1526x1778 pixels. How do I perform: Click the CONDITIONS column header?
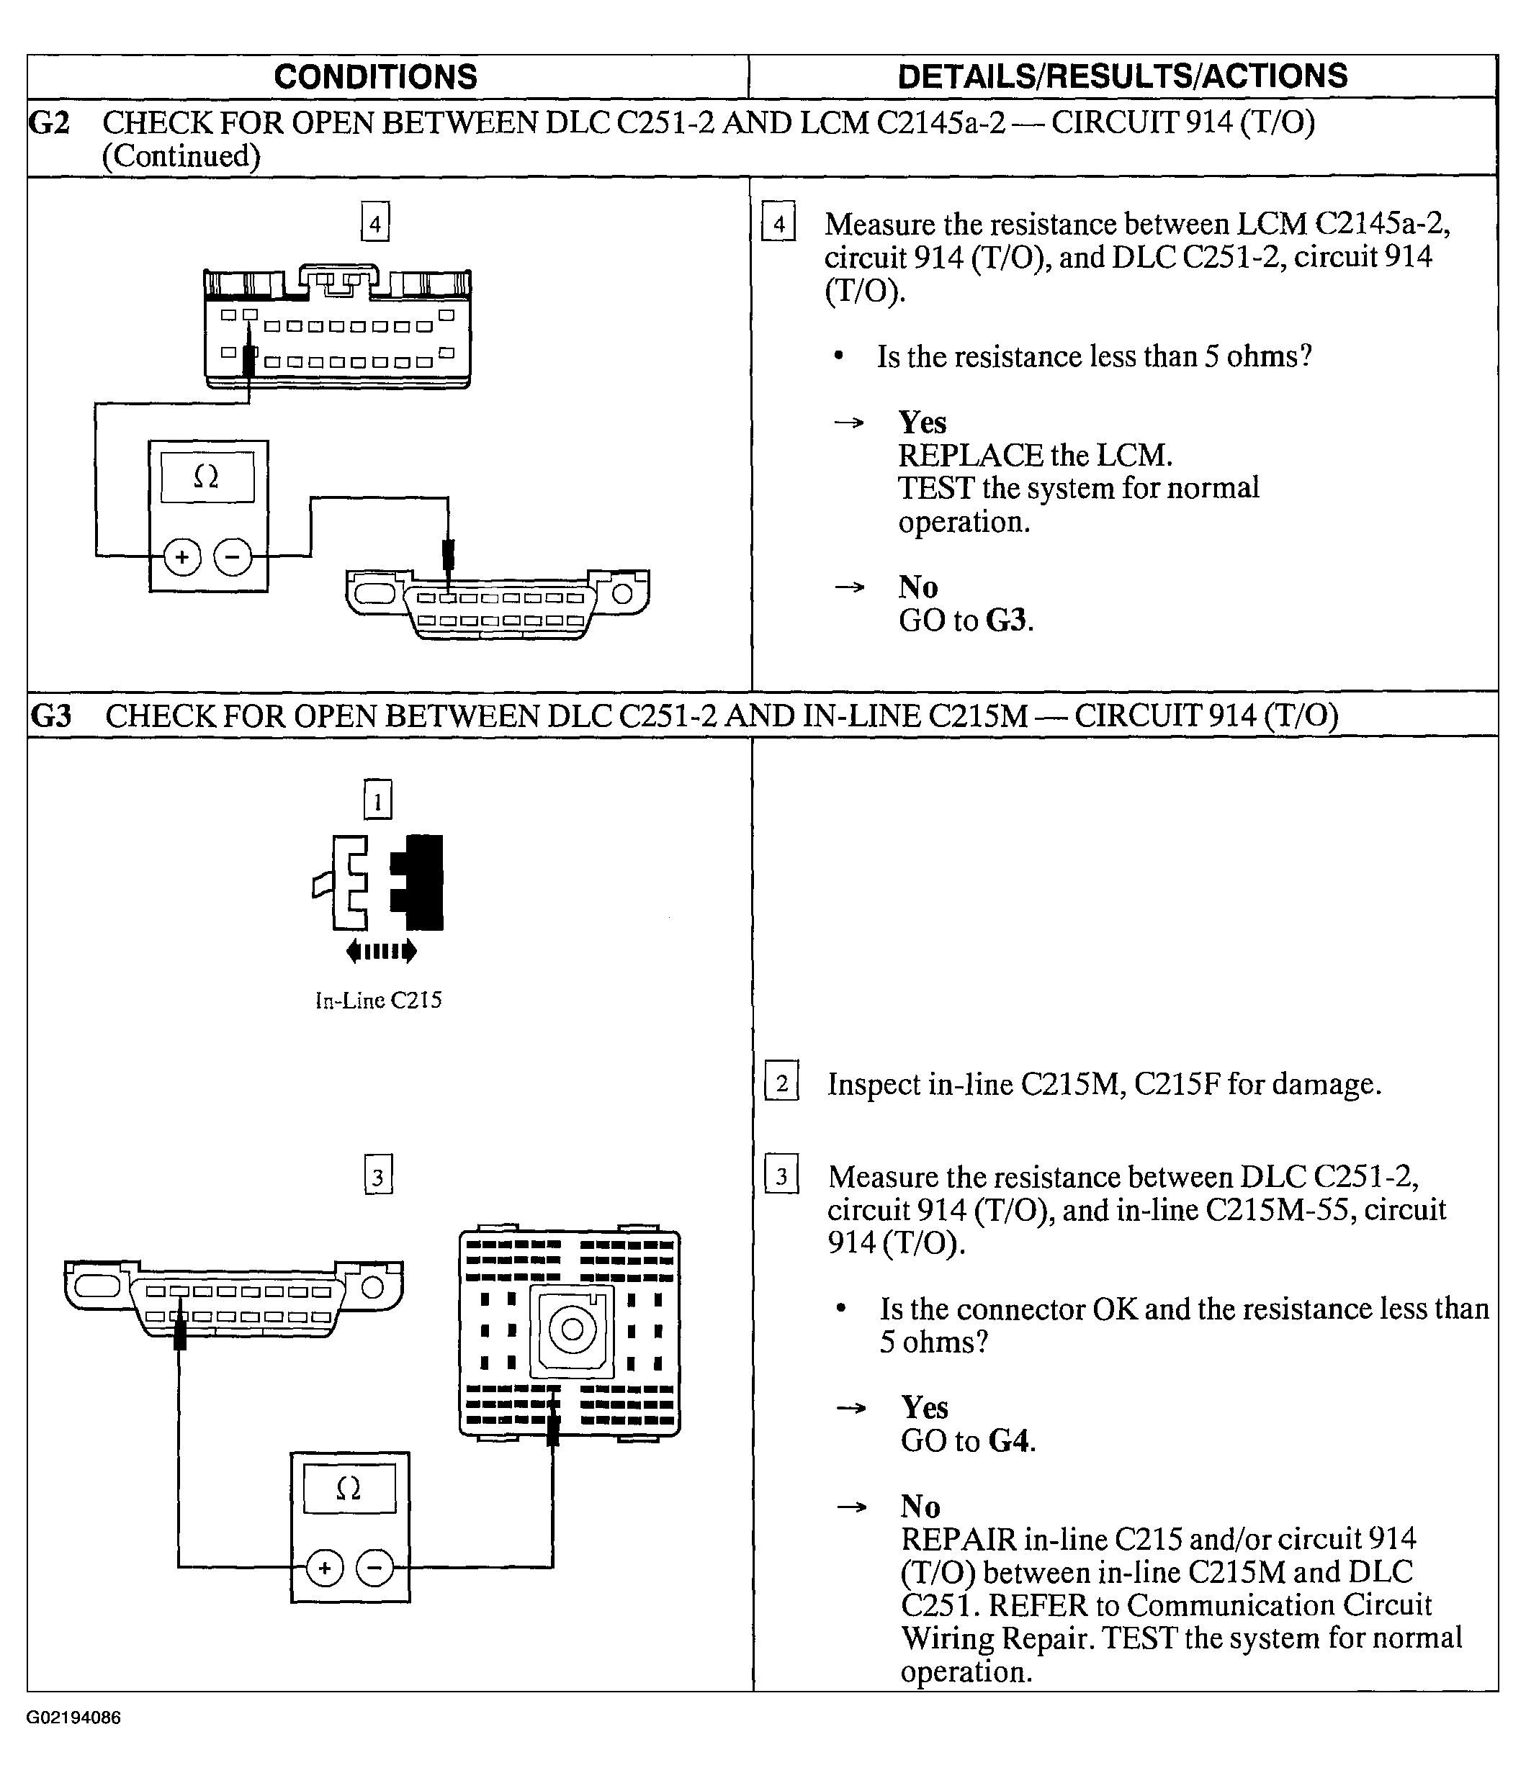pyautogui.click(x=375, y=76)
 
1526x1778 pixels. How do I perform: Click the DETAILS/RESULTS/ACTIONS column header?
pyautogui.click(x=1122, y=76)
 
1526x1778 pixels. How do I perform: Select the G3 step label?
pyautogui.click(x=50, y=716)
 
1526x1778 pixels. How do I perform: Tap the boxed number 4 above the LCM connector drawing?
pyautogui.click(x=375, y=222)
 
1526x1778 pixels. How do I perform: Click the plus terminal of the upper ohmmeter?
pyautogui.click(x=182, y=557)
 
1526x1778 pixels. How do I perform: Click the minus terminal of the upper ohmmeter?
pyautogui.click(x=233, y=557)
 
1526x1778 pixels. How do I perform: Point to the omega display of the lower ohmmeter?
pyautogui.click(x=349, y=1489)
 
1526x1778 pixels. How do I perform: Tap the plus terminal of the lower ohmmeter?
pyautogui.click(x=324, y=1569)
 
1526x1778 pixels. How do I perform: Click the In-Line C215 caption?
pyautogui.click(x=379, y=1000)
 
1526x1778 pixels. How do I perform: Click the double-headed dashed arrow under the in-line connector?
pyautogui.click(x=381, y=951)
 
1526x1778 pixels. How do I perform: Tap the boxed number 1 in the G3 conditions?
pyautogui.click(x=377, y=800)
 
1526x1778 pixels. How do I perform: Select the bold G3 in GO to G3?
pyautogui.click(x=1006, y=620)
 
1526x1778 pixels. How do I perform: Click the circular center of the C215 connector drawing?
pyautogui.click(x=572, y=1330)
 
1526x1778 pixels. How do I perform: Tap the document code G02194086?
pyautogui.click(x=73, y=1717)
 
